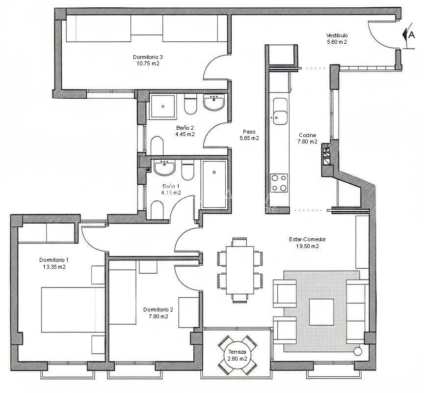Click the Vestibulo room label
click(x=337, y=35)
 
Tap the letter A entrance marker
click(x=411, y=35)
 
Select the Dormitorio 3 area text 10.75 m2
click(x=148, y=63)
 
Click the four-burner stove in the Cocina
click(x=279, y=183)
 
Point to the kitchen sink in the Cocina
click(x=280, y=111)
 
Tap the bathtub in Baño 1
click(x=214, y=184)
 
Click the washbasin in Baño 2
click(x=213, y=102)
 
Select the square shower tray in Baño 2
click(x=162, y=107)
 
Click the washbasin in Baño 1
click(x=164, y=167)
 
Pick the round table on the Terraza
click(x=237, y=355)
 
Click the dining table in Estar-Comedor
click(x=240, y=270)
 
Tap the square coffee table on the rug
click(x=321, y=312)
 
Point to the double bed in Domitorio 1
click(x=73, y=309)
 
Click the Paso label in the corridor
click(x=249, y=132)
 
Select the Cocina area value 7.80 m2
click(x=307, y=141)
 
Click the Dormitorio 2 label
click(x=158, y=309)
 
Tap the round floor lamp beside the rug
click(x=357, y=351)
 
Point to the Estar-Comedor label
click(x=308, y=239)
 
